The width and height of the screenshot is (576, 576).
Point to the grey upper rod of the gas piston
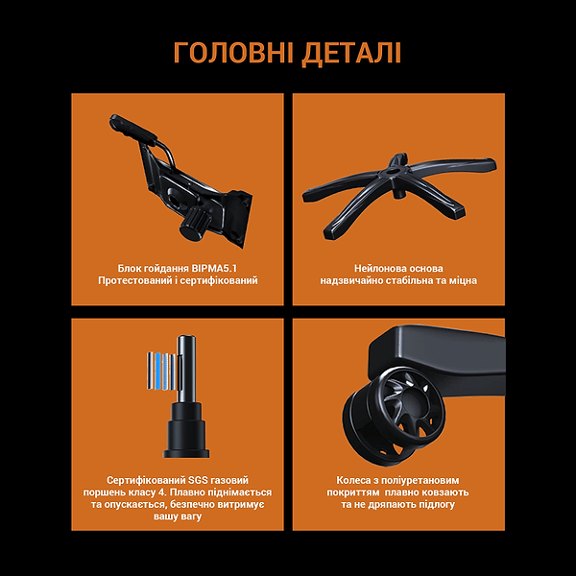pos(186,360)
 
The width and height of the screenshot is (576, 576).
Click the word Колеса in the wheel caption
pos(353,478)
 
